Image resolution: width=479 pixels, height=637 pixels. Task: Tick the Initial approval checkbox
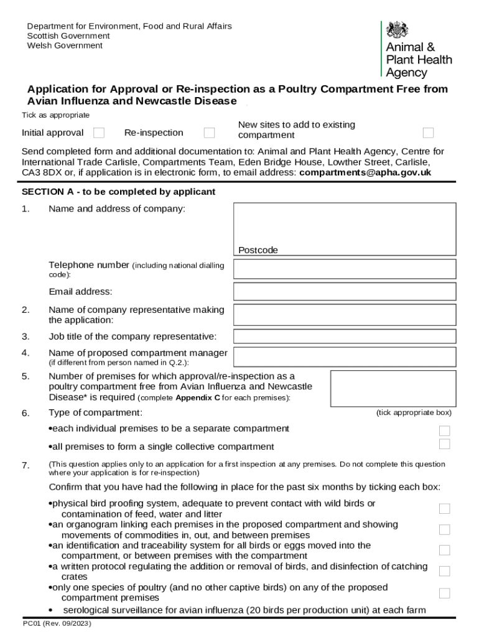click(x=99, y=133)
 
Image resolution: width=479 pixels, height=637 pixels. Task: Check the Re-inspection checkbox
click(x=210, y=133)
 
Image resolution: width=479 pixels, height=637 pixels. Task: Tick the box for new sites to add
click(x=428, y=133)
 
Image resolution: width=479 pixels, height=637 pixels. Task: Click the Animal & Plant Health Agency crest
click(x=397, y=30)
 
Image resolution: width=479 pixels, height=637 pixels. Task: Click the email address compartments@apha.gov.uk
click(x=365, y=172)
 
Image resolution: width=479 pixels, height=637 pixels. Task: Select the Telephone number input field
click(x=344, y=269)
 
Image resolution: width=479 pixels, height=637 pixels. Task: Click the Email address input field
click(x=344, y=291)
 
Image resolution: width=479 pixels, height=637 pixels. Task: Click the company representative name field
click(x=344, y=315)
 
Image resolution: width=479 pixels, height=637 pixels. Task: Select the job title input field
click(x=344, y=337)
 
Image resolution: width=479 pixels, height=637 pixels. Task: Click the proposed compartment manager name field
click(x=344, y=356)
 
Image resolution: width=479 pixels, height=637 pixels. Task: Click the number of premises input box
click(x=393, y=389)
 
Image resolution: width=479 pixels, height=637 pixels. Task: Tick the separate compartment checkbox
click(x=444, y=430)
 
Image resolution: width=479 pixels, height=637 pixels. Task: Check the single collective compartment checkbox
click(x=444, y=444)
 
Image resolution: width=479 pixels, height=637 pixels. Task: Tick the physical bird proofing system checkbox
click(x=444, y=509)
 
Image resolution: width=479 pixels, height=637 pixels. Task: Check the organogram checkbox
click(x=444, y=529)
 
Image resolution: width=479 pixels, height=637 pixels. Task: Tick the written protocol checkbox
click(x=444, y=571)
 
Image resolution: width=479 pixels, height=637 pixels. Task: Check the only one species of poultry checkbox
click(x=444, y=593)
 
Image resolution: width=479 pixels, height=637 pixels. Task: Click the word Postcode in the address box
click(x=258, y=250)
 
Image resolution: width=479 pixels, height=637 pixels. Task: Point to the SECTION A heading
click(x=118, y=192)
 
